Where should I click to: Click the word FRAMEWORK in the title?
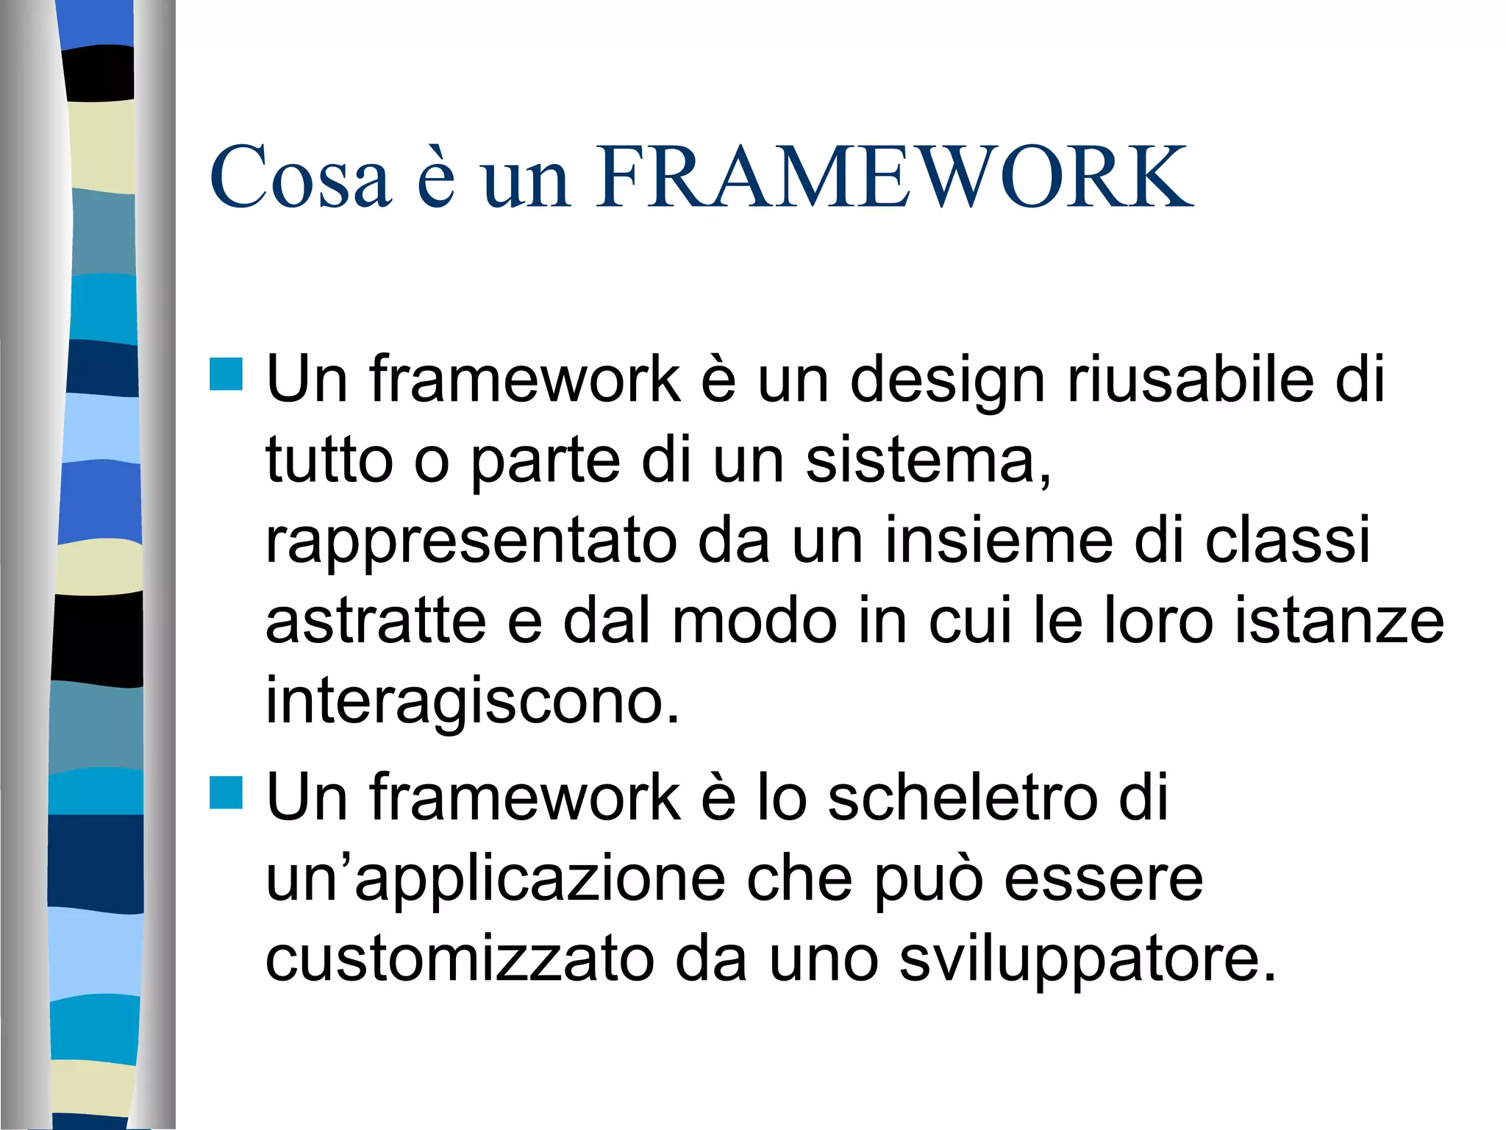[894, 177]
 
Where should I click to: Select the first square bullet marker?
[226, 374]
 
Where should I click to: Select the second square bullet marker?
[226, 793]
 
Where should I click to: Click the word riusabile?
[1190, 380]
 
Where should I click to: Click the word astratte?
[376, 622]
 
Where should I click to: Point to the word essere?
[1104, 878]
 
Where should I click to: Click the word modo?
[754, 622]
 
